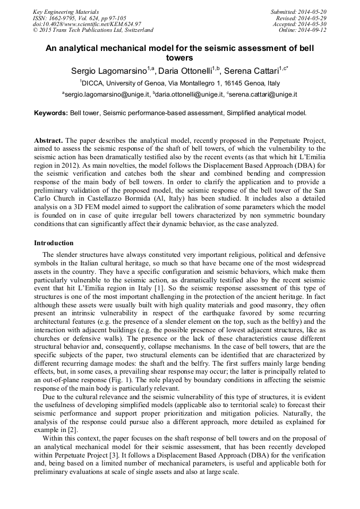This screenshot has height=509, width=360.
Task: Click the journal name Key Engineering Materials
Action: (x=66, y=11)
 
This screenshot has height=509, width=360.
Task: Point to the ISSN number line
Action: (x=79, y=18)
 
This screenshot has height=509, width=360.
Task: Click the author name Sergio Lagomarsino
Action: (x=109, y=71)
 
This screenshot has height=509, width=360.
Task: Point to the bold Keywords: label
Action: (x=51, y=113)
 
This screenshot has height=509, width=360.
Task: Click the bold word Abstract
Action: (x=49, y=141)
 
